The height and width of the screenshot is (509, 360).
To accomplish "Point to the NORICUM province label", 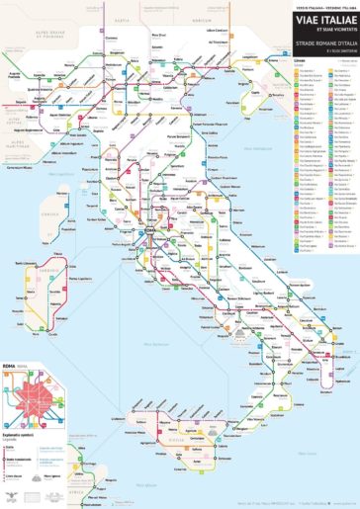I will click(205, 21).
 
